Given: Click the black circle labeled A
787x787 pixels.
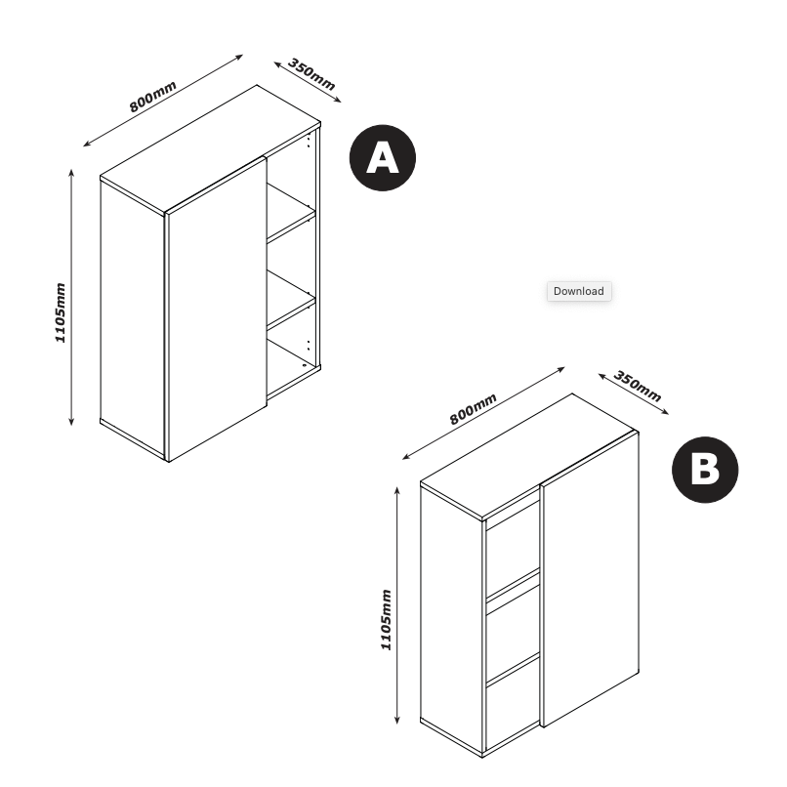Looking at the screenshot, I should click(x=383, y=157).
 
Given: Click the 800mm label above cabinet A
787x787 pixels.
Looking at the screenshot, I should click(x=153, y=99).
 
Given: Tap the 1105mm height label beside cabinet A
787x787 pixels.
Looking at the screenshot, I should click(x=60, y=313).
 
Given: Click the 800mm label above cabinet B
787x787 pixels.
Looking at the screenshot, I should click(x=473, y=407).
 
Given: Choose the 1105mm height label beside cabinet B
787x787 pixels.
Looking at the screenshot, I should click(x=386, y=620).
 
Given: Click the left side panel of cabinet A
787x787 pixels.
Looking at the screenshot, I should click(x=133, y=312).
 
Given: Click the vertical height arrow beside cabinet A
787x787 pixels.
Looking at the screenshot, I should click(x=72, y=297).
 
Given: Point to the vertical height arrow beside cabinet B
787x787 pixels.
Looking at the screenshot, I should click(x=397, y=605).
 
